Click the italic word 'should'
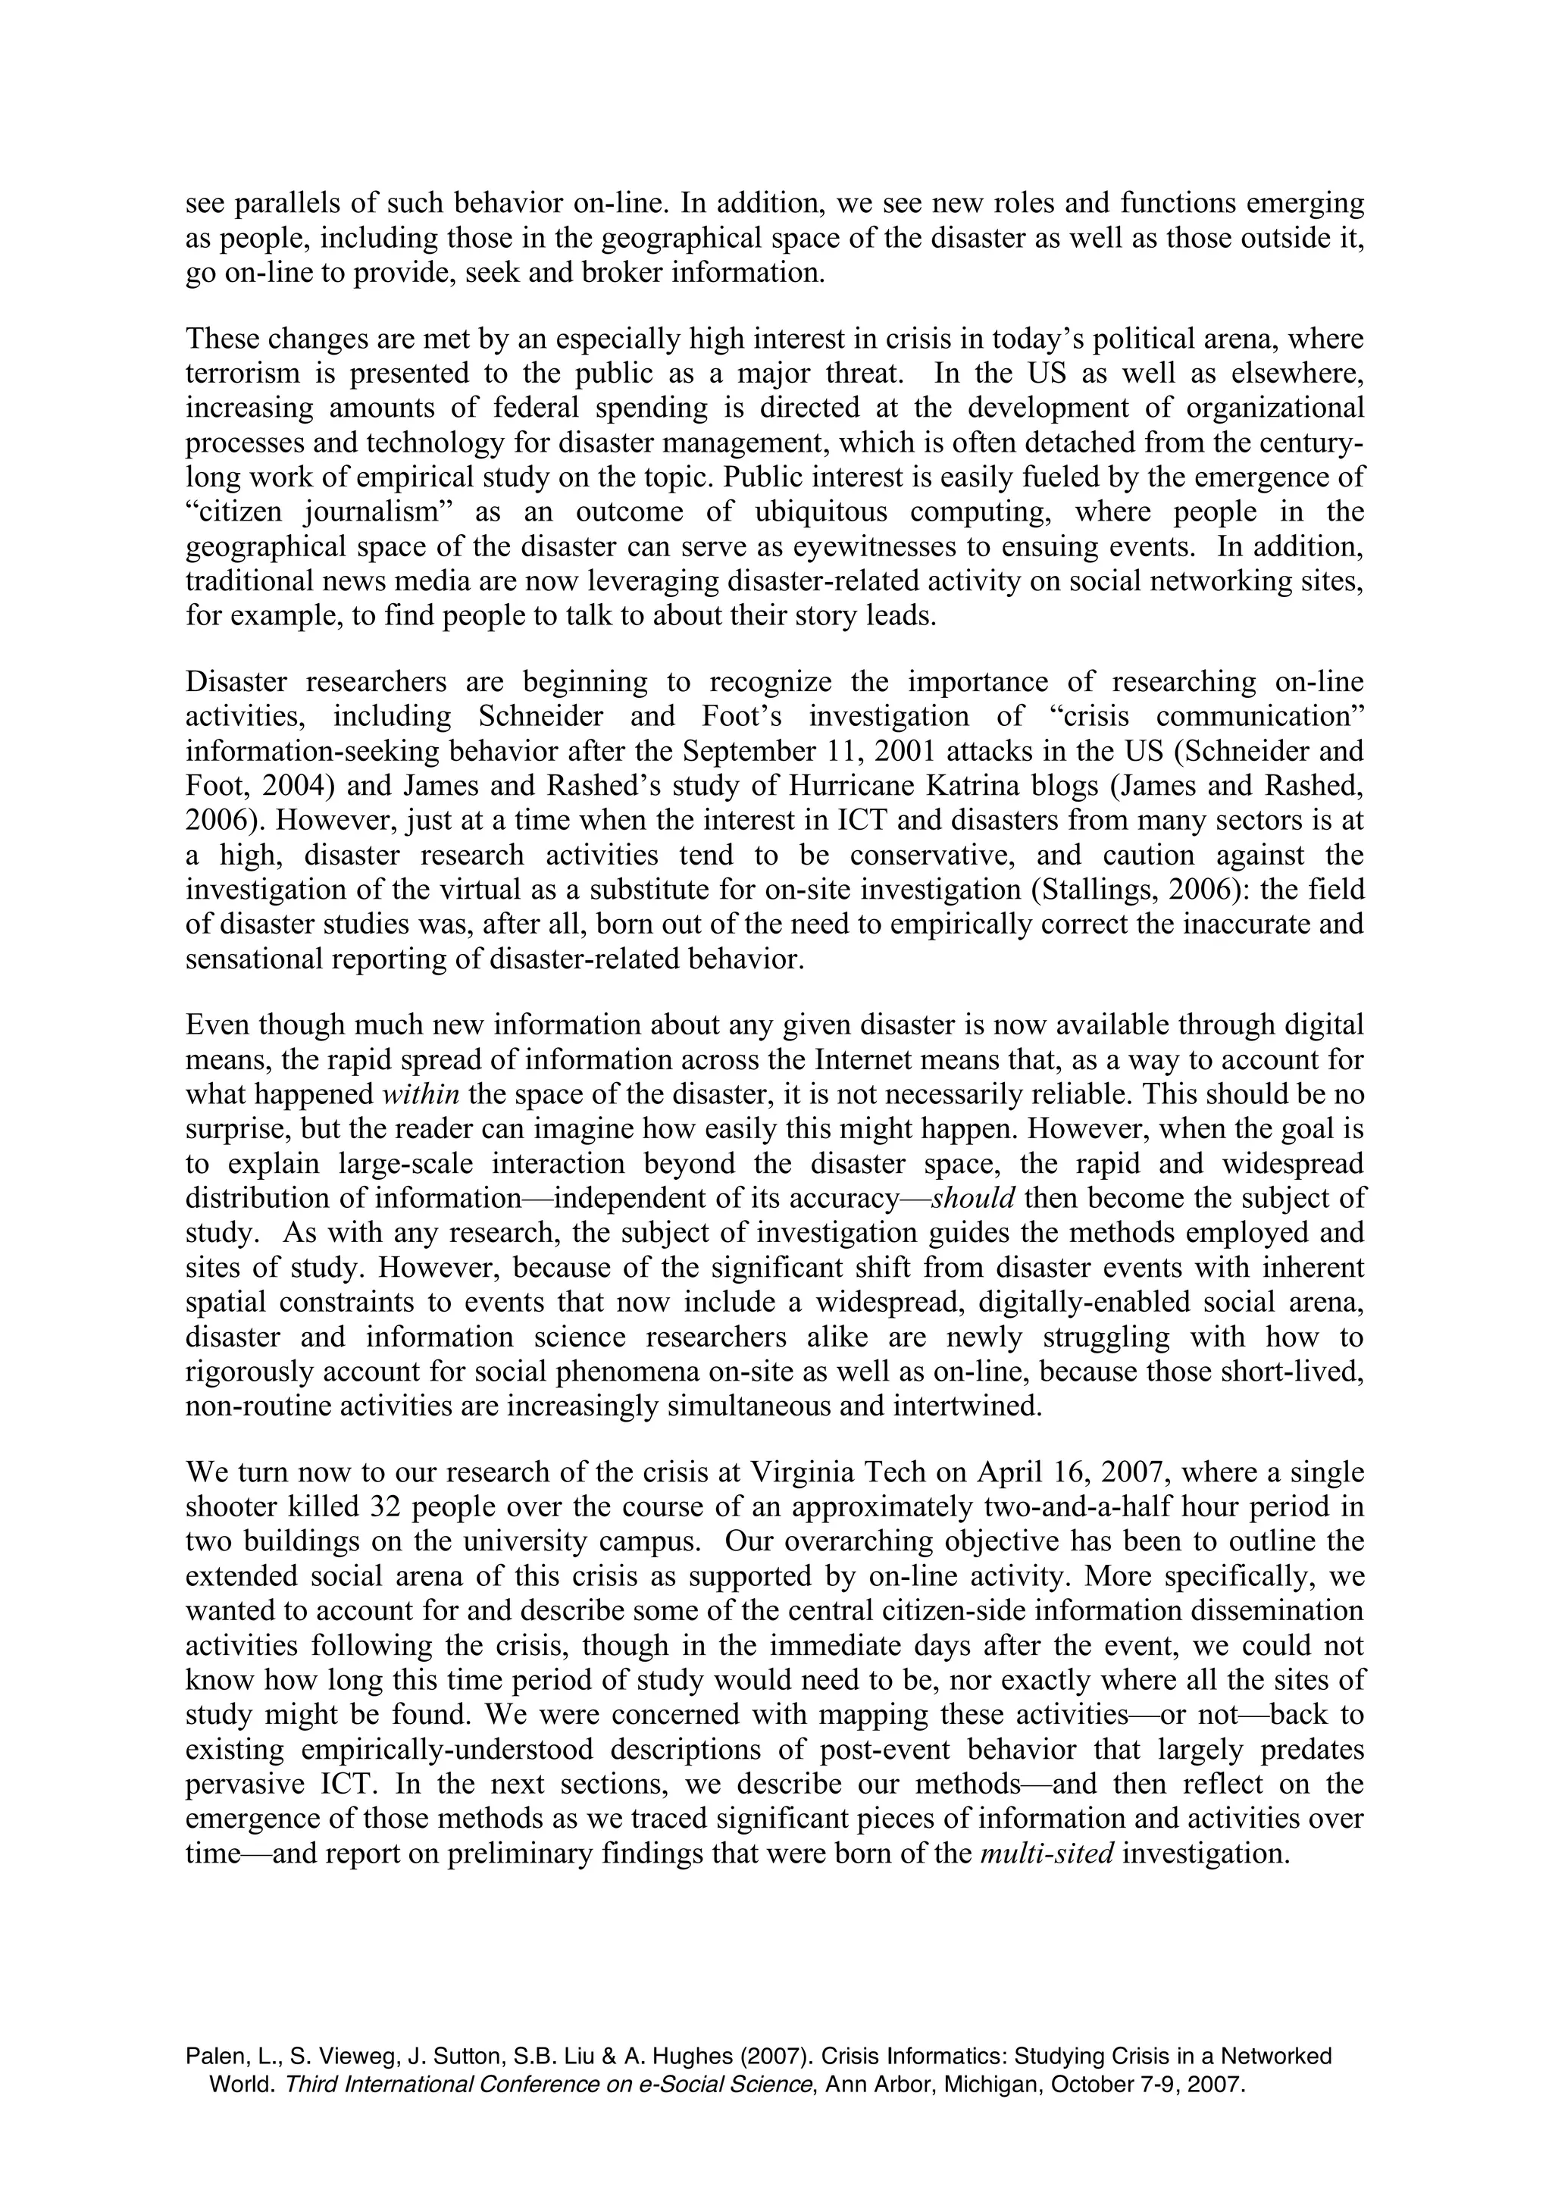(972, 1199)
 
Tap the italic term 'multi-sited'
(1047, 1853)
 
